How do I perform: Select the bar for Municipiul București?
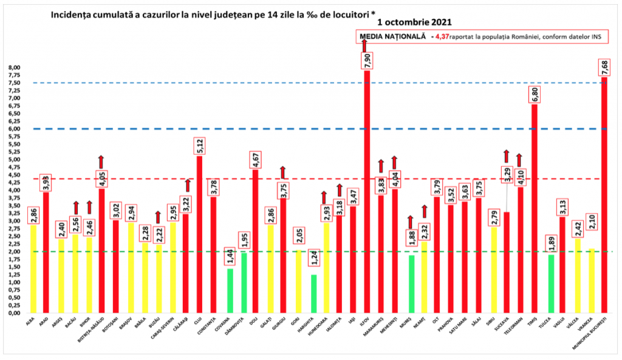pyautogui.click(x=604, y=194)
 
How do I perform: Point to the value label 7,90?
pyautogui.click(x=367, y=61)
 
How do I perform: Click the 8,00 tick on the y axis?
pyautogui.click(x=14, y=67)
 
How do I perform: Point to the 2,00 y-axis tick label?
pyautogui.click(x=14, y=251)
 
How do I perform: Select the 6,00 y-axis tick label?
pyautogui.click(x=14, y=129)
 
